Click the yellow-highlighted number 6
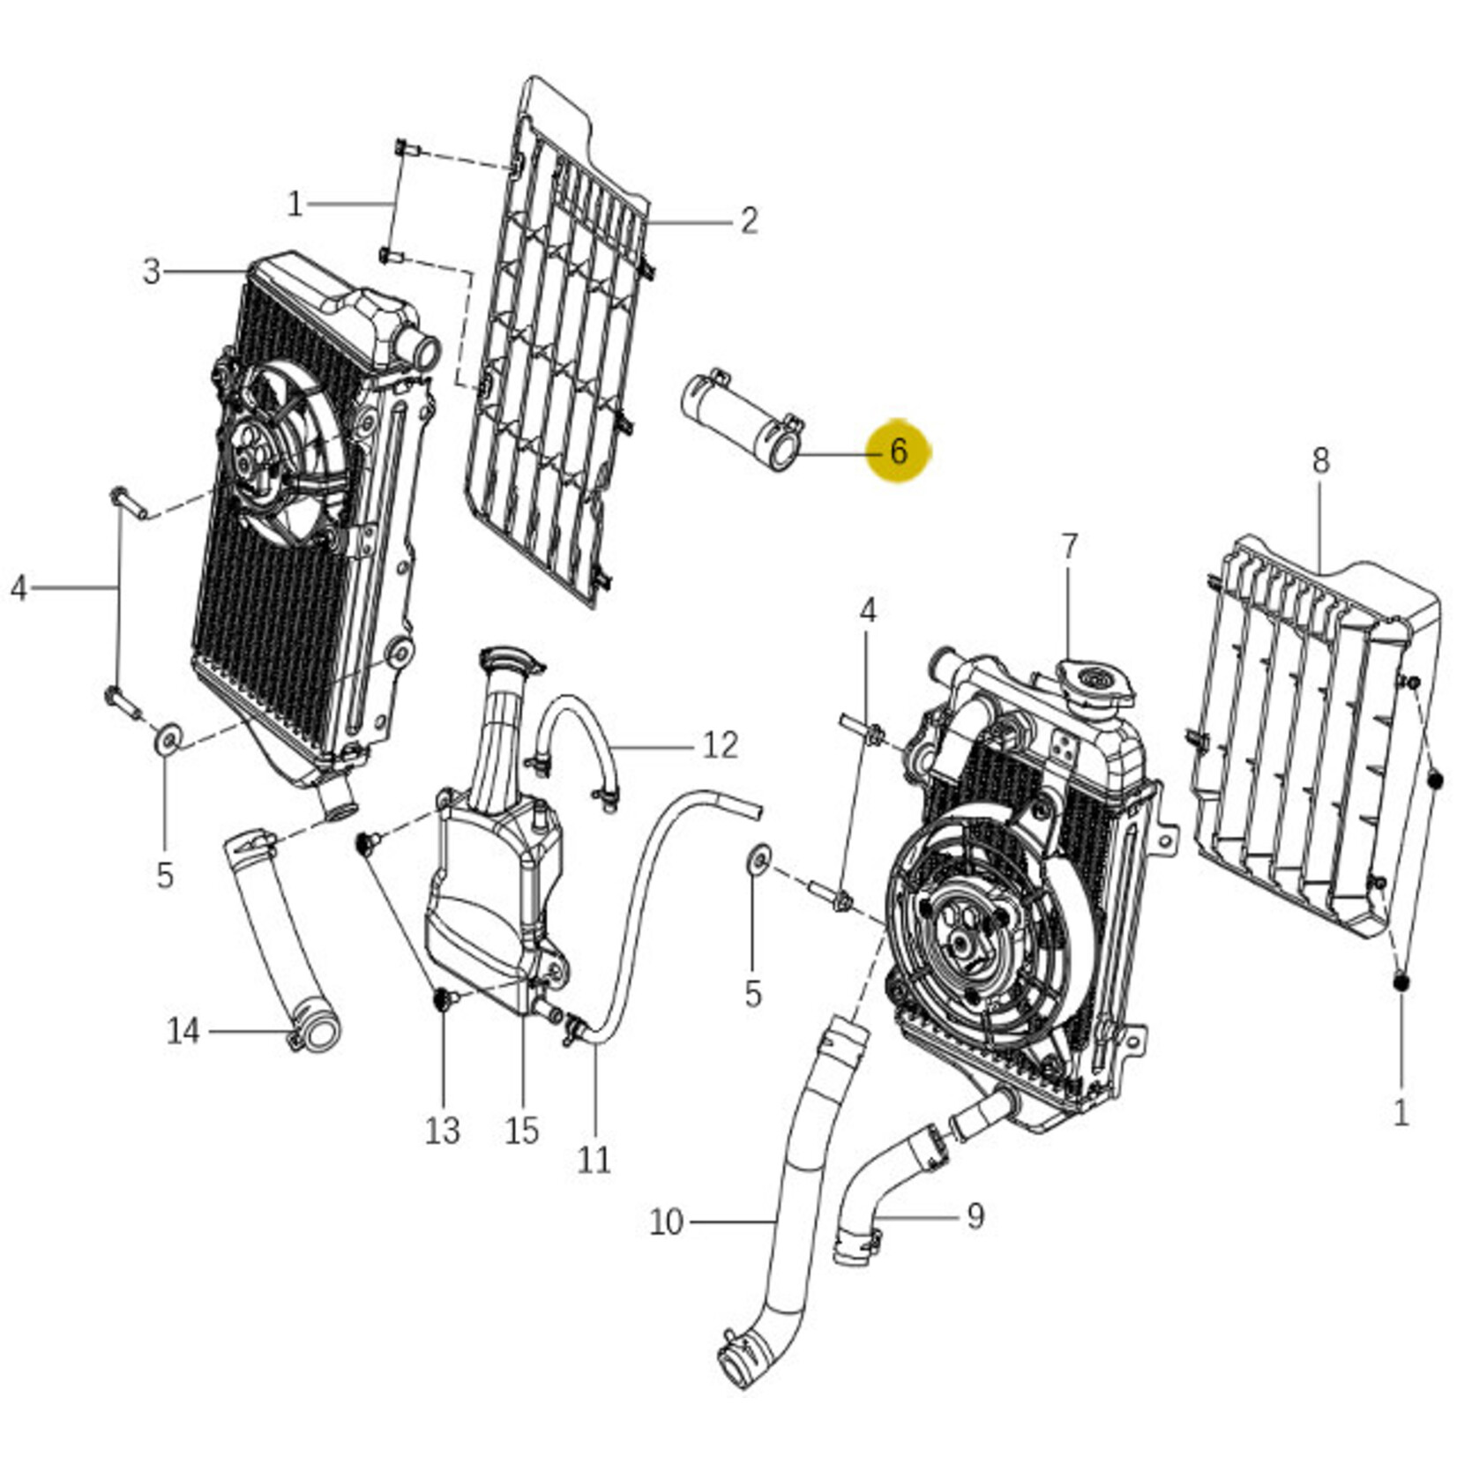pos(899,452)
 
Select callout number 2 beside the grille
pos(749,220)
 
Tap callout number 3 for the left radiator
pos(152,271)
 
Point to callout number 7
pos(1069,547)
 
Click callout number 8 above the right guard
pos(1320,460)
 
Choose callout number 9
pos(975,1216)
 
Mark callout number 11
pos(594,1159)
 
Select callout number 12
pos(720,745)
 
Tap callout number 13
pos(442,1130)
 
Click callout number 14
pos(183,1030)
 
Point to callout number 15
pos(521,1130)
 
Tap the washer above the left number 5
pos(167,738)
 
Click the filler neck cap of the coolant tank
pos(509,659)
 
